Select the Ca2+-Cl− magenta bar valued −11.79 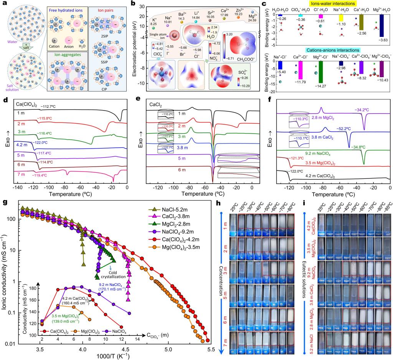tap(305, 74)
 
